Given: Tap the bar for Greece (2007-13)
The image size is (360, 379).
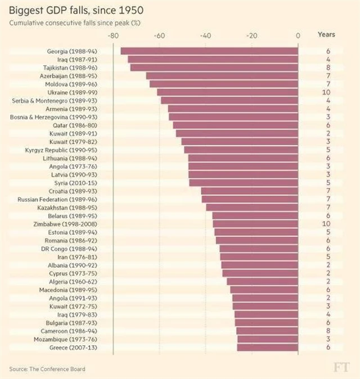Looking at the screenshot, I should coord(268,348).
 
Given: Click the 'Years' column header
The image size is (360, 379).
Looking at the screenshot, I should coord(326,34).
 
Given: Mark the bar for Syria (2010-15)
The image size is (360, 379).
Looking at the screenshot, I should coord(244,183).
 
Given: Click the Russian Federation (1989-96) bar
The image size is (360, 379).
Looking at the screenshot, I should coord(250,199).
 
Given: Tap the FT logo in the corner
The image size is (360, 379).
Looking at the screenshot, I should coord(341,368).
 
